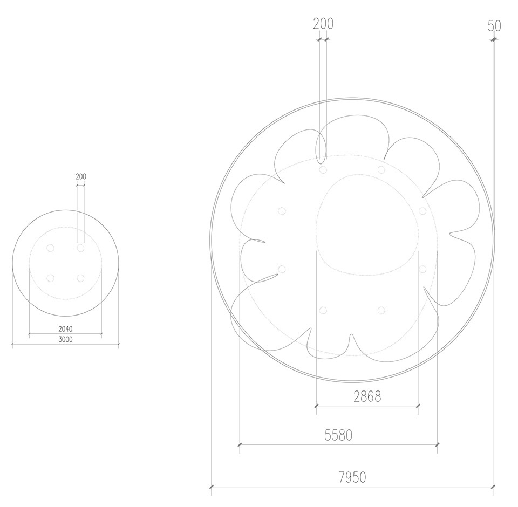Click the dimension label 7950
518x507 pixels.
point(352,477)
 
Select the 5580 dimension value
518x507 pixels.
point(338,435)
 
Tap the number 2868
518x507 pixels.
point(367,396)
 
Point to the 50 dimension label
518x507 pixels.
point(494,26)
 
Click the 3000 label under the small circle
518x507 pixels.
point(65,339)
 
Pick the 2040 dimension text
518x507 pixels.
point(65,329)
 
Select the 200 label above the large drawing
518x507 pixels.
point(323,24)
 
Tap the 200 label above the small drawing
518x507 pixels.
point(81,176)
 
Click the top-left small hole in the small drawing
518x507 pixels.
point(51,248)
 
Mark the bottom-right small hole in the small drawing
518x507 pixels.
point(80,278)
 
